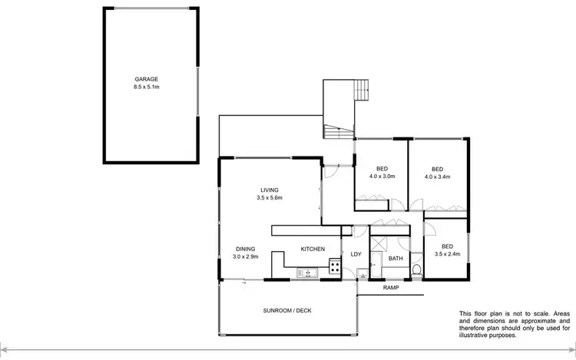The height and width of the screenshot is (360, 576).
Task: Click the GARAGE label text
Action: (147, 79)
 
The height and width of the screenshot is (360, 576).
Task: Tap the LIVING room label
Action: (269, 190)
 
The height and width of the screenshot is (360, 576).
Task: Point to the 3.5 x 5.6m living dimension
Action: (270, 198)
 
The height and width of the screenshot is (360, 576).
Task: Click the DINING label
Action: (246, 249)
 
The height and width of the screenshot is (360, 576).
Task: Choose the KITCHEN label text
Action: (313, 249)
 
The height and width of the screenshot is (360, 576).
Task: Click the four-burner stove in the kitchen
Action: (335, 268)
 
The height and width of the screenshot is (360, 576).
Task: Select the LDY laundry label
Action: (356, 254)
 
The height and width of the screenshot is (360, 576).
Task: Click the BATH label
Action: (396, 259)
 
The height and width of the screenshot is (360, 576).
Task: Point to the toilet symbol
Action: (416, 269)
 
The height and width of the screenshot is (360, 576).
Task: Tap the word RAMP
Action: (392, 288)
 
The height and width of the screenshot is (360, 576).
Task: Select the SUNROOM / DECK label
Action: (288, 311)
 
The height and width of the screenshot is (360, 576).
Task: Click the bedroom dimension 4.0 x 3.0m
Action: (382, 177)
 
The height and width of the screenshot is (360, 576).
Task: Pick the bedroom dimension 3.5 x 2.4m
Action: (448, 254)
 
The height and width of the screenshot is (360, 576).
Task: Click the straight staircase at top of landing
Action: (360, 94)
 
